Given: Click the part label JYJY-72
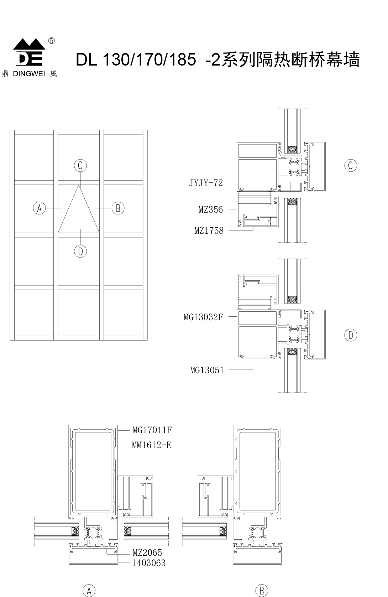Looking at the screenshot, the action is pos(206,183).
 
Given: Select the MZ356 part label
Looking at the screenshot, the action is pos(210,209).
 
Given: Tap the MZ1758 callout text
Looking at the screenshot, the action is pos(209,230).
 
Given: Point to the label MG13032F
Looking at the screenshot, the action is pos(203,317).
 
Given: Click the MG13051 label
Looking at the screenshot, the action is pos(207,370).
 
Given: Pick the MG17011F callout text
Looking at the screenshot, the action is pos(152,430).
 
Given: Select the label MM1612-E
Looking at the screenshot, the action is pos(152,445).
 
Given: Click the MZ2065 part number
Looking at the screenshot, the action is pos(147,552).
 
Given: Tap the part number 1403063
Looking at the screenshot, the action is pos(149,563).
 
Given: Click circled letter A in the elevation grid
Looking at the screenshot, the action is pos(40,208).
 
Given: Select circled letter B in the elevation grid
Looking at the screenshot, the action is pos(118,208).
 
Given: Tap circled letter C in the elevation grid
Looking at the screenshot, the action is pos(80,166).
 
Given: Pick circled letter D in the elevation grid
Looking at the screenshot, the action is pos(80,251).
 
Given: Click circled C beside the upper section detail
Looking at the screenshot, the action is pos(351,165).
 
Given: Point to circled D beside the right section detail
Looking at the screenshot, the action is pos(351,335).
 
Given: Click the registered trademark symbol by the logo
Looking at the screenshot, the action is pos(52,41).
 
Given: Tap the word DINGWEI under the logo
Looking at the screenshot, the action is pos(29,74).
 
